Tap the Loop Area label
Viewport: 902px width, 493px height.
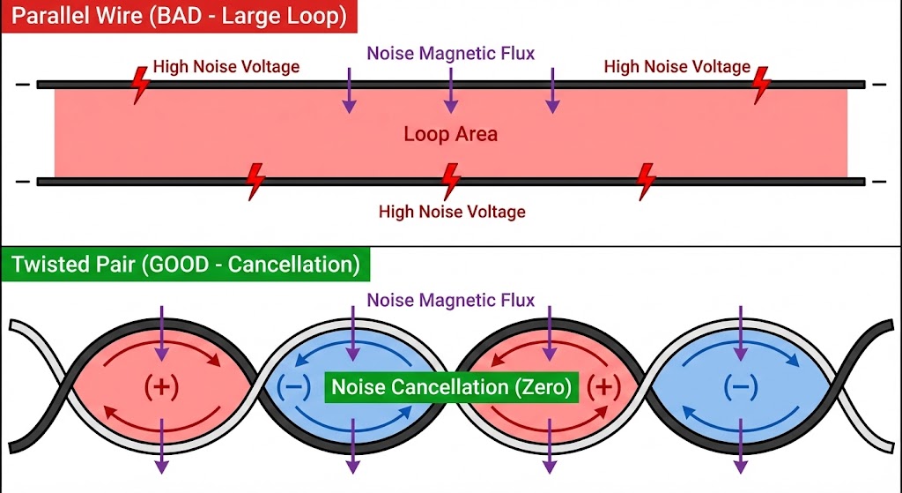pos(450,134)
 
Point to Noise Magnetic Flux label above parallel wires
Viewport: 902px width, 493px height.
pos(451,53)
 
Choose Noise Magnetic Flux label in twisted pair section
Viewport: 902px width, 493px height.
pos(451,300)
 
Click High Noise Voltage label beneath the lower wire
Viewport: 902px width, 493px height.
pos(452,212)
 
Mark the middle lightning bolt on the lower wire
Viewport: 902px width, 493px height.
pos(451,180)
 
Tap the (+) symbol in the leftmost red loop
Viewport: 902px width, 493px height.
pos(161,386)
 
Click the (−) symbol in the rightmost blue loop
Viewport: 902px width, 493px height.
pos(740,386)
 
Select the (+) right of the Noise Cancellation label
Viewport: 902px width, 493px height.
pos(603,386)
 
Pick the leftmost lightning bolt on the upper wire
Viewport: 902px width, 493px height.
pos(139,85)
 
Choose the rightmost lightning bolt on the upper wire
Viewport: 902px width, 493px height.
pos(762,85)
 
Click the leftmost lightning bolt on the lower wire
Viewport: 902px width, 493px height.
pos(255,180)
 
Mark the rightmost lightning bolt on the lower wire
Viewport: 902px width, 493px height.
pos(647,180)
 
